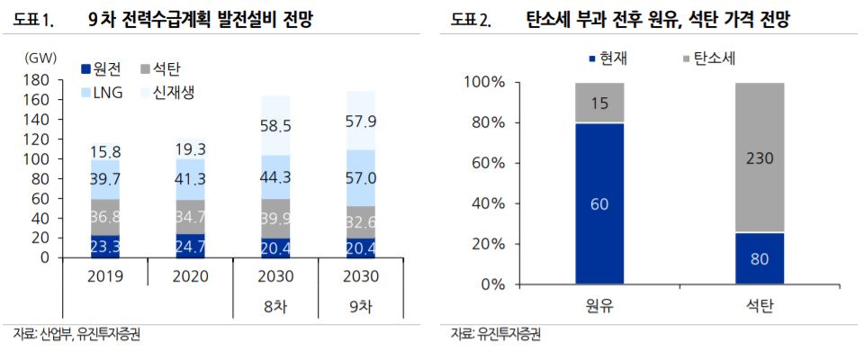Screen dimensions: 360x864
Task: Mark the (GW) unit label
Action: click(x=41, y=58)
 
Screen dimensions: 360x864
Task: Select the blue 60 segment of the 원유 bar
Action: click(x=598, y=203)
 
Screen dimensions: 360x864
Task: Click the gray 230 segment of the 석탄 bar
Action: click(x=760, y=157)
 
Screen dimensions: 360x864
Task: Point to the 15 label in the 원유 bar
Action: click(x=598, y=103)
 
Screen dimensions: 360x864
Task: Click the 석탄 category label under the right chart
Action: click(x=760, y=307)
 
